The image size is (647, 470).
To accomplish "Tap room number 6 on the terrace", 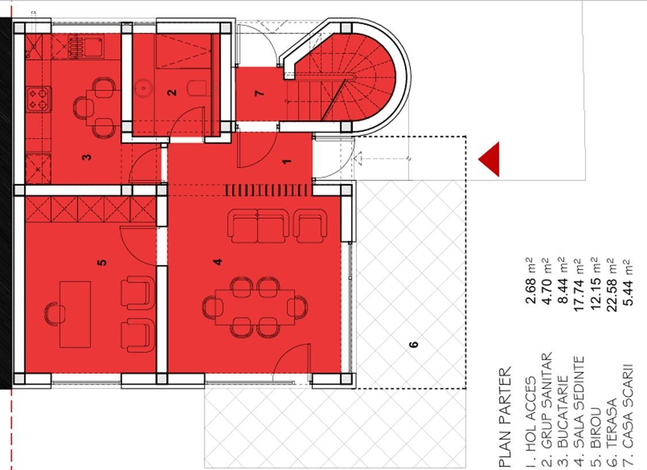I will pyautogui.click(x=413, y=344).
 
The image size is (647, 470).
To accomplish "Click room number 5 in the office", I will pyautogui.click(x=102, y=263).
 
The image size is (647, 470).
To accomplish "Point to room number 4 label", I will pyautogui.click(x=218, y=262).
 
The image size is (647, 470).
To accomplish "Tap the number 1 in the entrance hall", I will pyautogui.click(x=287, y=161).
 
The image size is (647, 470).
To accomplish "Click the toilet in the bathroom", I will pyautogui.click(x=197, y=88).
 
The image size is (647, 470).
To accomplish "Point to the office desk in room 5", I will pyautogui.click(x=75, y=314).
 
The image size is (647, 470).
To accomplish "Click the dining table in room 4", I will pyautogui.click(x=254, y=307).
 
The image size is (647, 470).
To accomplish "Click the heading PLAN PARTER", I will pyautogui.click(x=505, y=417).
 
